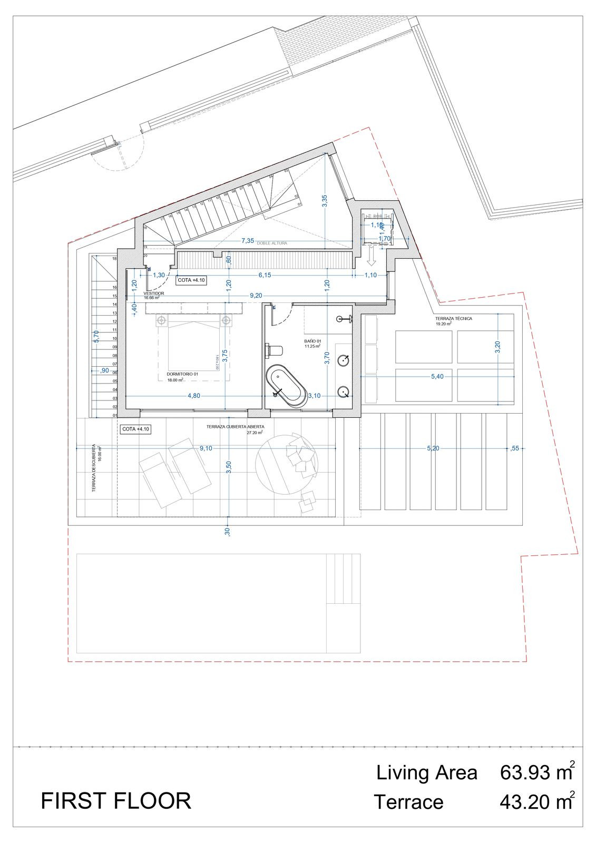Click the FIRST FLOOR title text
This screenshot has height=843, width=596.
point(116,801)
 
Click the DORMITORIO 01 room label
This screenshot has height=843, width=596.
point(182,374)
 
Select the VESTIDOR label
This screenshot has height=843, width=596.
point(154,293)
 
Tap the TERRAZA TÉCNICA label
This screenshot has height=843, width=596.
point(453,319)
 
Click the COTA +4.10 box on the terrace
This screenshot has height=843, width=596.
point(136,429)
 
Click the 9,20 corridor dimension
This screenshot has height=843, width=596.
point(256,296)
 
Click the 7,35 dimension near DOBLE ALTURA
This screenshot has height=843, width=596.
point(248,241)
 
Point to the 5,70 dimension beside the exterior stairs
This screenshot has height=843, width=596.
point(95,336)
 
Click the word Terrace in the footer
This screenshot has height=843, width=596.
point(408,802)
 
